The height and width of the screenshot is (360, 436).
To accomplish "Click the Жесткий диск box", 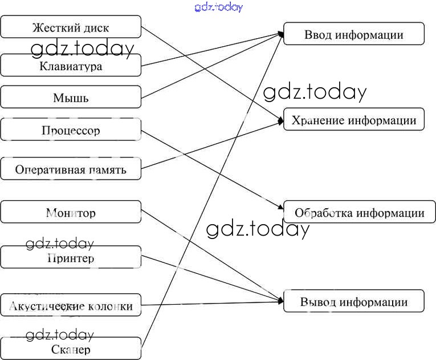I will pyautogui.click(x=71, y=27).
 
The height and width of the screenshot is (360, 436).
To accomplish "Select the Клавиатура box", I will pyautogui.click(x=71, y=66).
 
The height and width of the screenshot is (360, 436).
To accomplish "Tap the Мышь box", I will pyautogui.click(x=71, y=98).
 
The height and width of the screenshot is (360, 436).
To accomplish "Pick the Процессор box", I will pyautogui.click(x=71, y=130).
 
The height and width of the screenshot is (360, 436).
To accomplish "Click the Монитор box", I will pyautogui.click(x=71, y=213).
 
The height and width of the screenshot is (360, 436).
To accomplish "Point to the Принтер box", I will pyautogui.click(x=71, y=258).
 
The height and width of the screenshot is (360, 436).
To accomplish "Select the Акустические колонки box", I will pyautogui.click(x=71, y=306).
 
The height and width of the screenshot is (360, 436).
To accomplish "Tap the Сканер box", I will pyautogui.click(x=71, y=349).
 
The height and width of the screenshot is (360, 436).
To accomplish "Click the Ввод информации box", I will pyautogui.click(x=353, y=34).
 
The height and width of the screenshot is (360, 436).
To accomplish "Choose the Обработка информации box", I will pyautogui.click(x=359, y=213).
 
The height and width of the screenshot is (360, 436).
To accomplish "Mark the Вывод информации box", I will pyautogui.click(x=353, y=302).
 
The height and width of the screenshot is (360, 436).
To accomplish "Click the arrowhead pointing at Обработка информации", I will pyautogui.click(x=280, y=209).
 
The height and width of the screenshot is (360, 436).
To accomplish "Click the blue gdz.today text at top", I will pyautogui.click(x=218, y=7).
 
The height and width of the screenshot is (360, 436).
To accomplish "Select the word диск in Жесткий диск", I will pyautogui.click(x=94, y=27).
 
